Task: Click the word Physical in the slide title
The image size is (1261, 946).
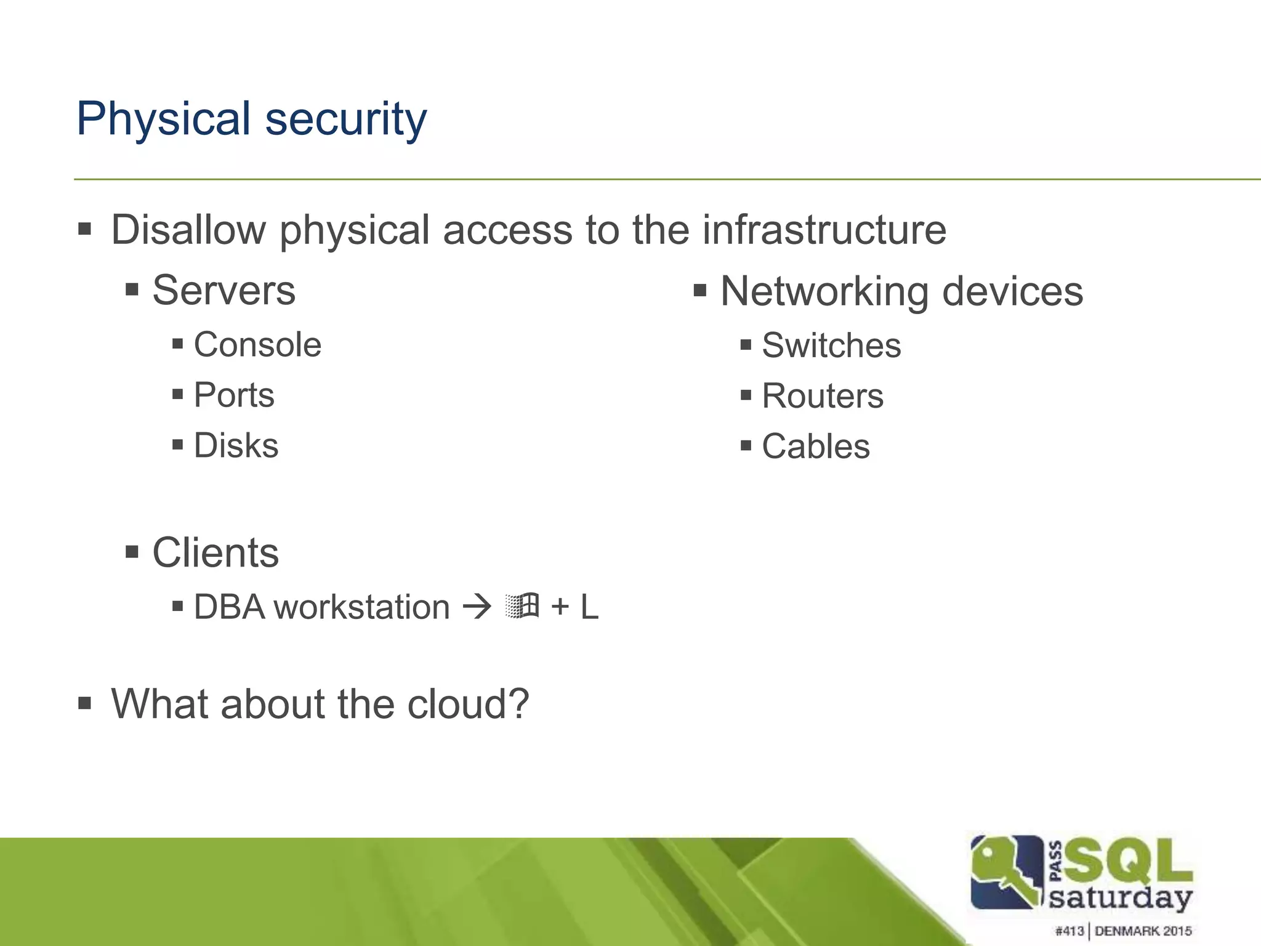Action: tap(163, 119)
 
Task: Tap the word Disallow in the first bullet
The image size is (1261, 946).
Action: tap(188, 230)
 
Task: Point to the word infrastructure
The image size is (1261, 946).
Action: tap(824, 230)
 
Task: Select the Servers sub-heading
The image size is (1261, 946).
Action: tap(224, 290)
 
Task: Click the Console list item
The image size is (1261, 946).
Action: tap(257, 344)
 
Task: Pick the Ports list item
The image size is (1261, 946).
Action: tap(234, 395)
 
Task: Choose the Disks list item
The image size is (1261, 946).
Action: tap(236, 445)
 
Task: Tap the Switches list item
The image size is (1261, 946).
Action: tap(831, 346)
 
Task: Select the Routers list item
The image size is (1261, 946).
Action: tap(823, 396)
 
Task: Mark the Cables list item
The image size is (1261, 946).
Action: tap(816, 447)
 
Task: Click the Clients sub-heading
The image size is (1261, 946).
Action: tap(216, 552)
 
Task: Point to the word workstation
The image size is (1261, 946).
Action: tap(361, 607)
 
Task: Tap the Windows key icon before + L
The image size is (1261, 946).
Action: tap(522, 605)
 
